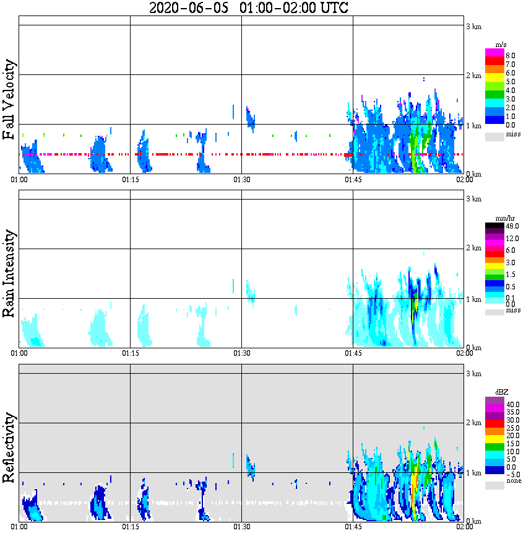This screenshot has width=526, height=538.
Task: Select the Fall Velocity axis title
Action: tap(9, 100)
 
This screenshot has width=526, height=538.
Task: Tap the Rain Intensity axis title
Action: tap(9, 273)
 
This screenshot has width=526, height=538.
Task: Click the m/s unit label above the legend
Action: tap(501, 45)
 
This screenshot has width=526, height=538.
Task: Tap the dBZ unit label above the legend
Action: tap(502, 392)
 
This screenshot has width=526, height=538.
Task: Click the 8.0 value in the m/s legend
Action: tap(511, 55)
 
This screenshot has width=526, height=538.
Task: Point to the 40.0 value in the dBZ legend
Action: tap(512, 404)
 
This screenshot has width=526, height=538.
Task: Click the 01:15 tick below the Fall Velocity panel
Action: tap(130, 180)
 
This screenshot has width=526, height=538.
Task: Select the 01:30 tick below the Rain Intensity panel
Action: tap(241, 353)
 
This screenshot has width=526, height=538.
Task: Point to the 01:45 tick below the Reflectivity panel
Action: tap(353, 527)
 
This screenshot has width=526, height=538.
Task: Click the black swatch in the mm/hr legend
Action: tap(494, 226)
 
